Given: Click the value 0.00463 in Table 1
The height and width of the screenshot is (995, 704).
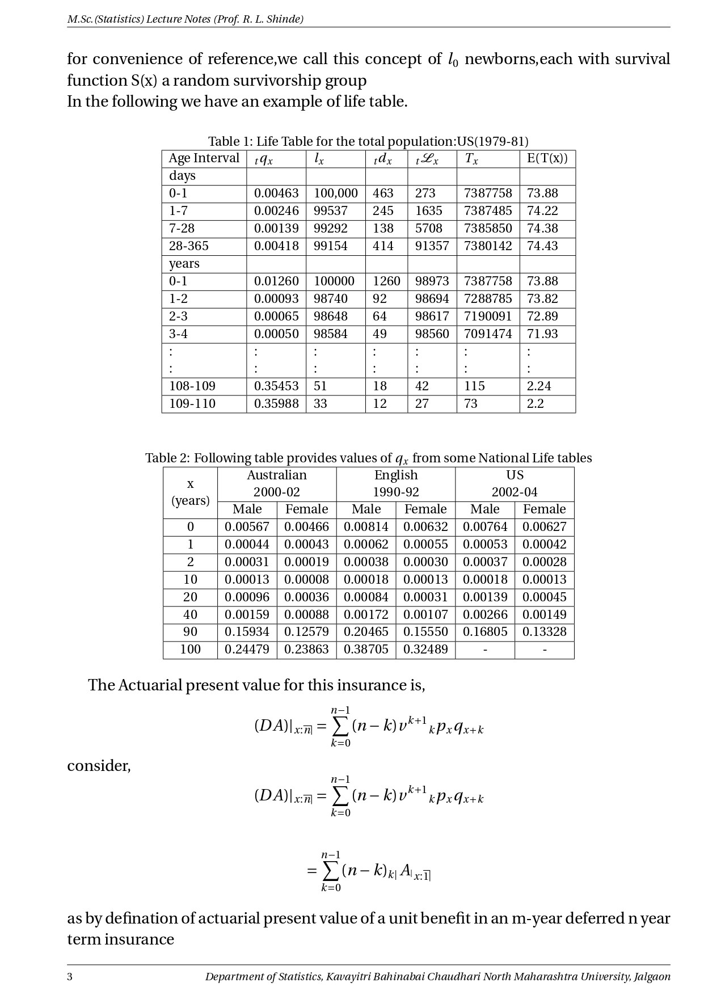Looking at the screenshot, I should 276,193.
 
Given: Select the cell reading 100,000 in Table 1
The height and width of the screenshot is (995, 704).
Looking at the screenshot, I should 335,193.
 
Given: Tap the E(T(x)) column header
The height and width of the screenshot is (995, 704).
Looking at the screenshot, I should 547,158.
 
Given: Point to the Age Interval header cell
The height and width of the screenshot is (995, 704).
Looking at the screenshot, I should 204,158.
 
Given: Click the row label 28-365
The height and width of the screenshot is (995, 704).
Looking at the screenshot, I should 188,246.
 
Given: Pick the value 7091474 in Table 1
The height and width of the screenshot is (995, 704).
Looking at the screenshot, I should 487,334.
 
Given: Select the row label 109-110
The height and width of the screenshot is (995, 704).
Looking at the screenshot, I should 192,404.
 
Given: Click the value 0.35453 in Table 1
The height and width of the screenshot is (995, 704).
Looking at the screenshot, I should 276,386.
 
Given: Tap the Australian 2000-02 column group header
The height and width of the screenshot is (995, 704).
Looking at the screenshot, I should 276,484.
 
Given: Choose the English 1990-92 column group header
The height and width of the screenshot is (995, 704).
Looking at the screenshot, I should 395,484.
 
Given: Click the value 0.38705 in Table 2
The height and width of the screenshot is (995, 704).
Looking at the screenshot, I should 366,650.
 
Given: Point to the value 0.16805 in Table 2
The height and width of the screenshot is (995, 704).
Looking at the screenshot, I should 485,632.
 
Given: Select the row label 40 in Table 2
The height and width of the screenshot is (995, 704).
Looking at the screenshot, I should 190,615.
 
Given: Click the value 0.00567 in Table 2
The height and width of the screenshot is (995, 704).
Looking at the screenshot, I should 247,527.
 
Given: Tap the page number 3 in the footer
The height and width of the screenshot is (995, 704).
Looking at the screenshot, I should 70,977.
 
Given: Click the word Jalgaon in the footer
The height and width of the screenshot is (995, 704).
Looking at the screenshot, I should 652,977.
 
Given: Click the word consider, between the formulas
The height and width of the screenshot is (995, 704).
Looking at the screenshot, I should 99,766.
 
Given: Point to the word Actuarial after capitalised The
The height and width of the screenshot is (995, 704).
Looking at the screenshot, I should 150,685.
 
